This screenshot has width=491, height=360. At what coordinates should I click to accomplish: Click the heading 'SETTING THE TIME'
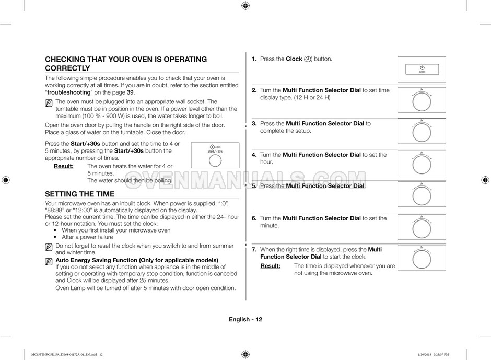pos(80,194)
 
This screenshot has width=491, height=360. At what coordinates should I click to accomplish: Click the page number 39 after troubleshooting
pos(130,92)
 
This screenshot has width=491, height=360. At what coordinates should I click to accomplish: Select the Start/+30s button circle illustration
pos(215,159)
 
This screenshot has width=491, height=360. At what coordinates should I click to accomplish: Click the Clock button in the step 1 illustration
pos(422,69)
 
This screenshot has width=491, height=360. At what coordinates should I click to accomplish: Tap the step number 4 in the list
pos(254,155)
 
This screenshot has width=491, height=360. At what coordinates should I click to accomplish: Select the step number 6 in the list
pos(254,218)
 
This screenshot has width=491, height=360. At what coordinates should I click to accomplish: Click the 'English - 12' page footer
pos(245,319)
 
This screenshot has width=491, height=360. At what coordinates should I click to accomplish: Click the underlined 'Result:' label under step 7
pos(270,266)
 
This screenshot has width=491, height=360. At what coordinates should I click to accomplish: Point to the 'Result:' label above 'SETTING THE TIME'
pos(63,166)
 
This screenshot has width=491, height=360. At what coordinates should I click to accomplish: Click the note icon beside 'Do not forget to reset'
pos(49,246)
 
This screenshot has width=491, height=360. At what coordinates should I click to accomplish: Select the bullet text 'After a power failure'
pos(87,237)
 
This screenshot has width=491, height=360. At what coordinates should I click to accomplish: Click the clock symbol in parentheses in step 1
pos(307,60)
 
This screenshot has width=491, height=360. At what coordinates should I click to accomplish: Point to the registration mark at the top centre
pos(245,6)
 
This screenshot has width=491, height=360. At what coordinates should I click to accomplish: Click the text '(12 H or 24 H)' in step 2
pos(312,98)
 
